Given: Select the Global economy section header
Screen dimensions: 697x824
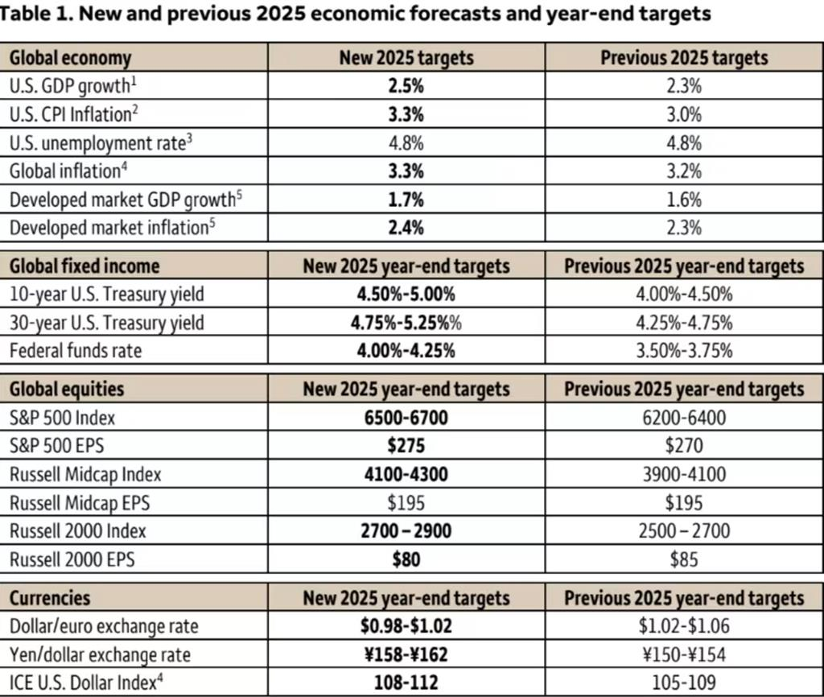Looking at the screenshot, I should click(70, 58).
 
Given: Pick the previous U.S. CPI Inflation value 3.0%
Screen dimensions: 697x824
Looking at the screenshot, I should click(684, 114).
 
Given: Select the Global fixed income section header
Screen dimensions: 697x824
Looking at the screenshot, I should click(84, 266).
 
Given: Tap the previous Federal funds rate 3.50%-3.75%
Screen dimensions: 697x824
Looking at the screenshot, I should click(684, 351).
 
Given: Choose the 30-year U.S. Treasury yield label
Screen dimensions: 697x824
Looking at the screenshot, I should click(107, 323).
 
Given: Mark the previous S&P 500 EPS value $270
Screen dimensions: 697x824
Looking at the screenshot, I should click(684, 446).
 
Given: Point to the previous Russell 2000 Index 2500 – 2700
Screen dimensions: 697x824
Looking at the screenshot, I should click(684, 531).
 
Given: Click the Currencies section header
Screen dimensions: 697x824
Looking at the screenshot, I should click(50, 598).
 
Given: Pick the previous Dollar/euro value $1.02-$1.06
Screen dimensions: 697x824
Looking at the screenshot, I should click(684, 626).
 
